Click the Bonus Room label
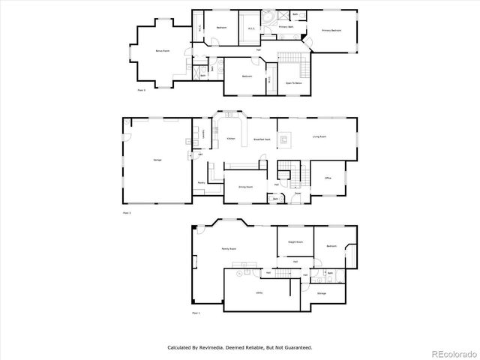pos(160,51)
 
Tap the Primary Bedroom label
pos(331,31)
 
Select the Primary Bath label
pos(286,26)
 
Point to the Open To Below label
pos(293,83)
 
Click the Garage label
pos(157,160)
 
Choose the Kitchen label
pos(232,139)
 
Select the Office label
pos(328,178)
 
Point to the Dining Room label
pos(244,187)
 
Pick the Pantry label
pos(202,183)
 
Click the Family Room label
pos(229,248)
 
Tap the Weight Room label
pos(295,242)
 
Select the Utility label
pos(259,292)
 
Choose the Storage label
pos(321,293)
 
